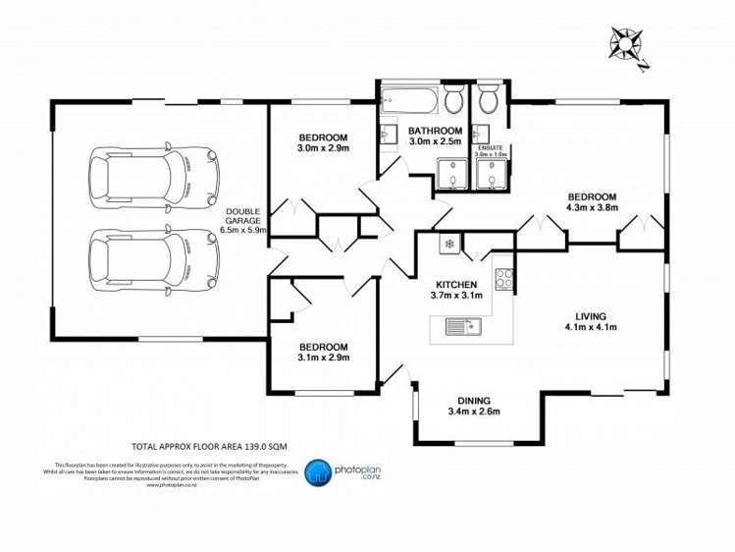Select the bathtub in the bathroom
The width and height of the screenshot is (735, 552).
(409, 100)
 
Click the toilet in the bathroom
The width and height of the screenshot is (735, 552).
(454, 100)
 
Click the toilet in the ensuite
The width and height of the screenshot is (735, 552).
(488, 100)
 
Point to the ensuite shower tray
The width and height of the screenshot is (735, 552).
(488, 173)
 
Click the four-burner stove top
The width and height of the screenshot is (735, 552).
(504, 278)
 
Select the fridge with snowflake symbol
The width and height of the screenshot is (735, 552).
(447, 243)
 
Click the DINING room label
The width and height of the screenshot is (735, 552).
(473, 400)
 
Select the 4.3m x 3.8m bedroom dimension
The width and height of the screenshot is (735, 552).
(591, 207)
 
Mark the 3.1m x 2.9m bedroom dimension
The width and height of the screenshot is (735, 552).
(323, 358)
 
